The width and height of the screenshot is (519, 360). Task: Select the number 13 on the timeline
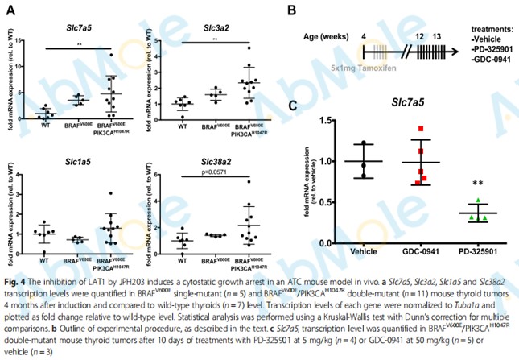[436, 36]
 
